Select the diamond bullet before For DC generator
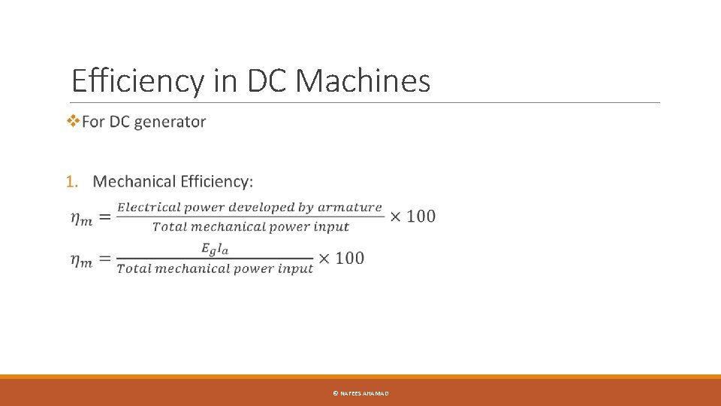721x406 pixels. pos(73,121)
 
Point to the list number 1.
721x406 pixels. pos(71,182)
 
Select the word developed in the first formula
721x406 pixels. pos(270,208)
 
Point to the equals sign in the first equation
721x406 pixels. pos(104,217)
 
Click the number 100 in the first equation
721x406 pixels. pos(421,217)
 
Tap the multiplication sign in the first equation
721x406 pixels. pos(396,217)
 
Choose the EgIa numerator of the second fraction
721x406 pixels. pos(214,249)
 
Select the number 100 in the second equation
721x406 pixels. pos(349,258)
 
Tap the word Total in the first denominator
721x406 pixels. pos(169,226)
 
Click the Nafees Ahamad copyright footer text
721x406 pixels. pos(360,393)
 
